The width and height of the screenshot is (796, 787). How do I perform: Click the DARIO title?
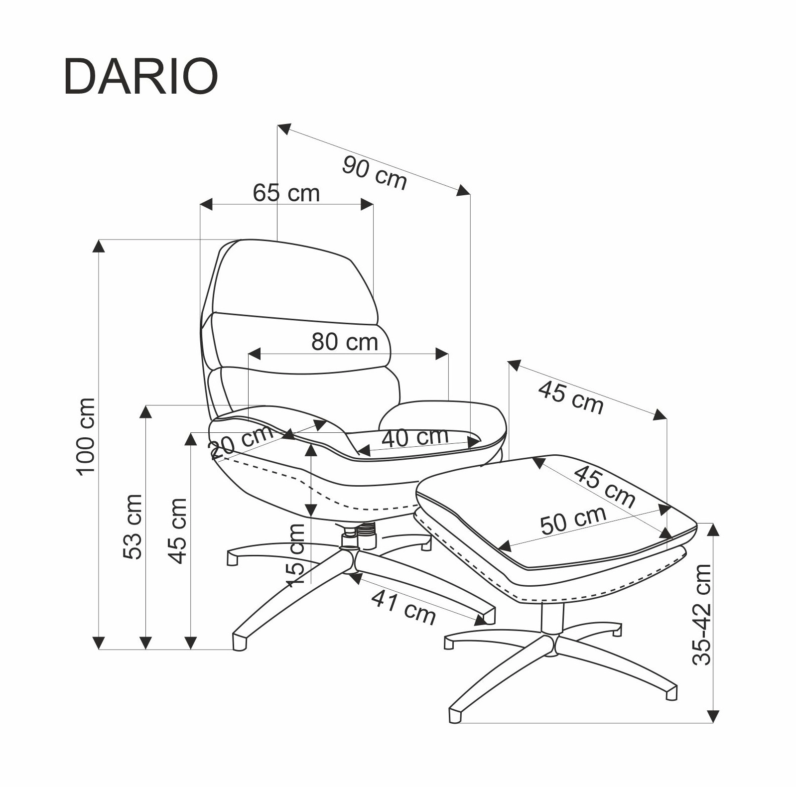(141, 77)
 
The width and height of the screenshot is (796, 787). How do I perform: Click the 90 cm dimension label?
(375, 172)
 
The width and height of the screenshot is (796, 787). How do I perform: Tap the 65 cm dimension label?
(286, 193)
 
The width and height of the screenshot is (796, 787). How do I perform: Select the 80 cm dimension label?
(345, 342)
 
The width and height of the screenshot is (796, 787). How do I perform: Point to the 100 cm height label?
(86, 437)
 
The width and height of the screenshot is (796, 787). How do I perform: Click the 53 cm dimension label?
(133, 526)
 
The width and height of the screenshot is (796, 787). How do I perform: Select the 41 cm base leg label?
(403, 607)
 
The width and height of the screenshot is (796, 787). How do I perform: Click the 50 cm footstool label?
(573, 520)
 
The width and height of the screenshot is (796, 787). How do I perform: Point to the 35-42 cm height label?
(701, 614)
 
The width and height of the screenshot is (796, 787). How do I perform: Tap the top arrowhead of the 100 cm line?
(100, 246)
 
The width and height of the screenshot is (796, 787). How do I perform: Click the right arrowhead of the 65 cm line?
(367, 204)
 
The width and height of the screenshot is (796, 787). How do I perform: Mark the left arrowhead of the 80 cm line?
(254, 354)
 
